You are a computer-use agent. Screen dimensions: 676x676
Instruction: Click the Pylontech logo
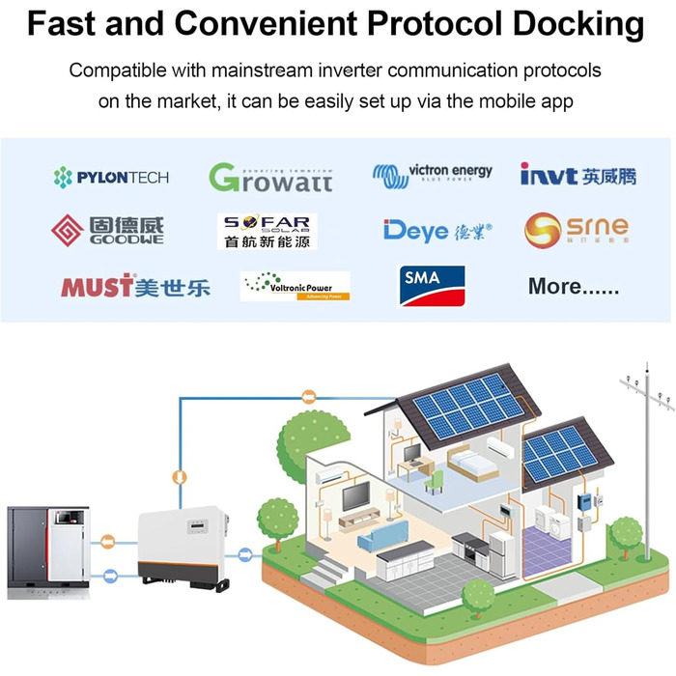[x=111, y=177]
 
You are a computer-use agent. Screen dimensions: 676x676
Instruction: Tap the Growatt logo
[x=270, y=177]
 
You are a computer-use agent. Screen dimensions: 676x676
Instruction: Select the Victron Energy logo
[x=432, y=175]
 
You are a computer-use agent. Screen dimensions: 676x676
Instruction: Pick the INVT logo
[x=577, y=175]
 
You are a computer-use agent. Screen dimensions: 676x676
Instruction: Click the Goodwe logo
[x=107, y=230]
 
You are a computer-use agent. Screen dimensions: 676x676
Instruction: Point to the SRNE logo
[x=577, y=230]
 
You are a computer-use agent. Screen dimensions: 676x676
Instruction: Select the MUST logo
[x=135, y=286]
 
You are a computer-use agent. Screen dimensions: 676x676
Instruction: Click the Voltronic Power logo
[x=295, y=286]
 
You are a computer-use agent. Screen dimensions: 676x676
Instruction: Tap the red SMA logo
[x=432, y=284]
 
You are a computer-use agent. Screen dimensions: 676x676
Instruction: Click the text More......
[x=573, y=286]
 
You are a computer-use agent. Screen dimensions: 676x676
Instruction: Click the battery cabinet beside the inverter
[x=48, y=550]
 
